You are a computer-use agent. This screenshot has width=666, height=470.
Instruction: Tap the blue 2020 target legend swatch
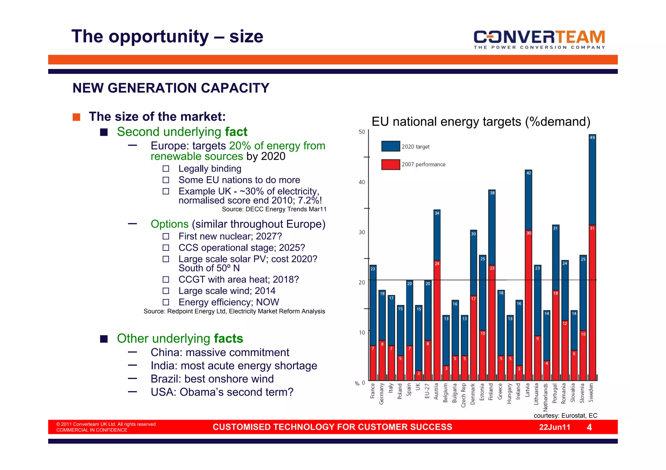pyautogui.click(x=391, y=146)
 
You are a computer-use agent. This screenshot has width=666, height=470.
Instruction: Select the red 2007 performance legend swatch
pyautogui.click(x=391, y=164)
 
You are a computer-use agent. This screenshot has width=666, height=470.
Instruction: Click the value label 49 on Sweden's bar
pyautogui.click(x=592, y=137)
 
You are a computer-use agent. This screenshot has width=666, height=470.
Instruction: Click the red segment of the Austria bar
pyautogui.click(x=437, y=322)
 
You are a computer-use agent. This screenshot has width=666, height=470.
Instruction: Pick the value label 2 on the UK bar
pyautogui.click(x=419, y=373)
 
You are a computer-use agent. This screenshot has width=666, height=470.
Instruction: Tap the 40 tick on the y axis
pyautogui.click(x=362, y=182)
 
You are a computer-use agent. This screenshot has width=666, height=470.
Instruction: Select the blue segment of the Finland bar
pyautogui.click(x=492, y=227)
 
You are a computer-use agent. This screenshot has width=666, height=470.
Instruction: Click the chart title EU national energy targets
pyautogui.click(x=481, y=122)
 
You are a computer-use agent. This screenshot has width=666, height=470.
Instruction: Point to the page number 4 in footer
pyautogui.click(x=589, y=427)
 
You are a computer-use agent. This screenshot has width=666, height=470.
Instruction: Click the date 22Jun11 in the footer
pyautogui.click(x=554, y=427)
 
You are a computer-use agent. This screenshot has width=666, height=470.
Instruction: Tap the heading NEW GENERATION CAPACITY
pyautogui.click(x=171, y=88)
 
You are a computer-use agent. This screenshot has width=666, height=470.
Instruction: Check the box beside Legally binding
pyautogui.click(x=166, y=169)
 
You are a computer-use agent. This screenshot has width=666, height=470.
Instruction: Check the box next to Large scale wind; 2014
pyautogui.click(x=166, y=291)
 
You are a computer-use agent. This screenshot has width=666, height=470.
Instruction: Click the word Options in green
pyautogui.click(x=169, y=224)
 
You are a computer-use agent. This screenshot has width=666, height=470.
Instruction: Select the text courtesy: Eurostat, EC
pyautogui.click(x=565, y=415)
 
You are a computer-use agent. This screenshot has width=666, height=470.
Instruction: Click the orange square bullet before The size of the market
pyautogui.click(x=76, y=117)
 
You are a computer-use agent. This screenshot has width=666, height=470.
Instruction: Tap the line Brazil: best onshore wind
pyautogui.click(x=212, y=379)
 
